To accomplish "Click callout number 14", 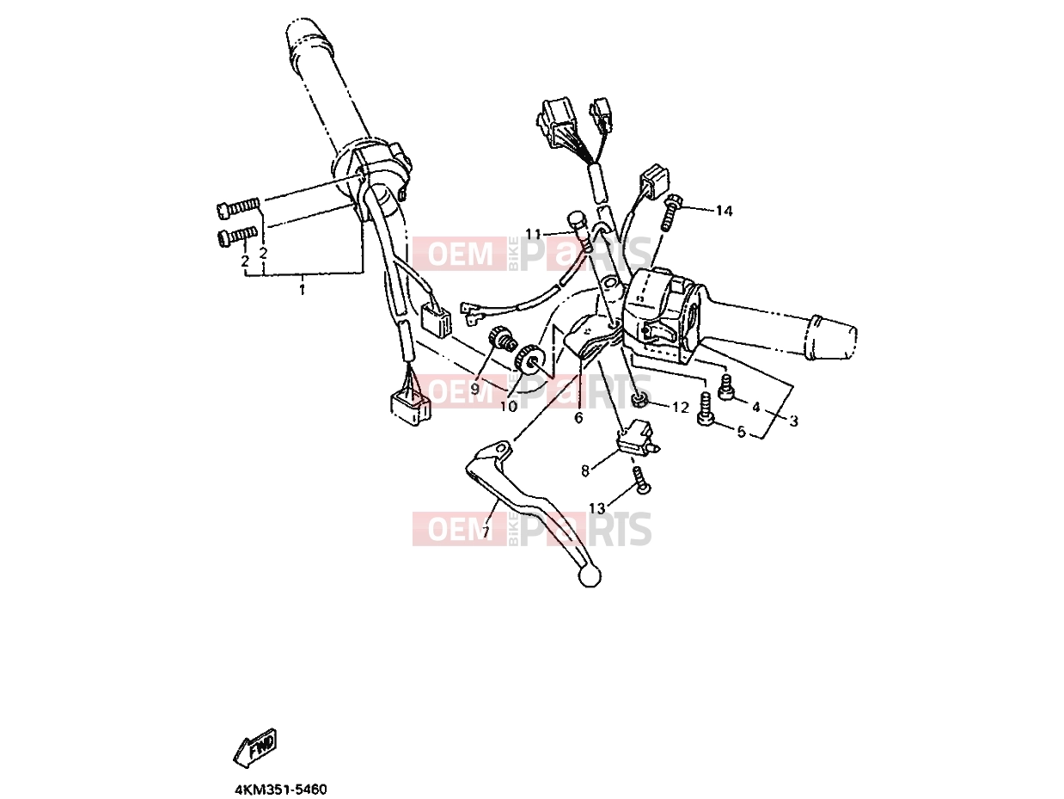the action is click(x=725, y=211).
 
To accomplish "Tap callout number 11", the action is click(x=534, y=234).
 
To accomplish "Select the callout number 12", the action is click(x=681, y=408).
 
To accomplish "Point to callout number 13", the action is click(x=597, y=508).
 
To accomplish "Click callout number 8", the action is click(x=585, y=470).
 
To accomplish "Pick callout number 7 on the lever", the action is click(x=486, y=532).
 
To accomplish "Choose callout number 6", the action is click(x=578, y=418).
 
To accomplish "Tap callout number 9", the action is click(x=474, y=389).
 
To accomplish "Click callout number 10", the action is click(x=509, y=406).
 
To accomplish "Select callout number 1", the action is click(x=302, y=290).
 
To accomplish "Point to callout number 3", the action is click(x=793, y=421).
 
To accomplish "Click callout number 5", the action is click(x=741, y=432).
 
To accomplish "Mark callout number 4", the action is click(x=755, y=408).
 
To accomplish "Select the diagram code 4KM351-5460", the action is click(x=281, y=790).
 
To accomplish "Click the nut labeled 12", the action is click(x=639, y=401).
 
